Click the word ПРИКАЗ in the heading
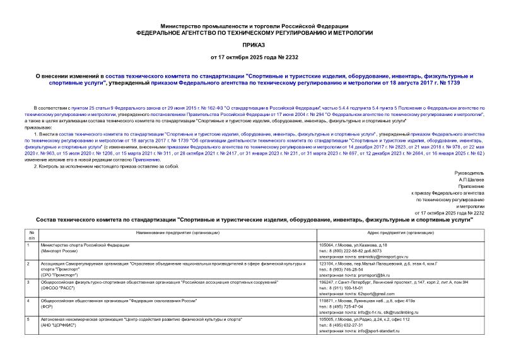click(x=254, y=46)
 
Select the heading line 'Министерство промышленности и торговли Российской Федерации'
click(x=254, y=23)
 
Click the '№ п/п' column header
click(x=30, y=236)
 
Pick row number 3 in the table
click(x=28, y=282)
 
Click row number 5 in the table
click(x=28, y=320)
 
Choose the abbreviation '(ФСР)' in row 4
click(x=46, y=307)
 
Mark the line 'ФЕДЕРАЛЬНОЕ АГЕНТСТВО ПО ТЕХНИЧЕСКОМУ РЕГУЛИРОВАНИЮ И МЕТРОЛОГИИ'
click(x=254, y=32)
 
